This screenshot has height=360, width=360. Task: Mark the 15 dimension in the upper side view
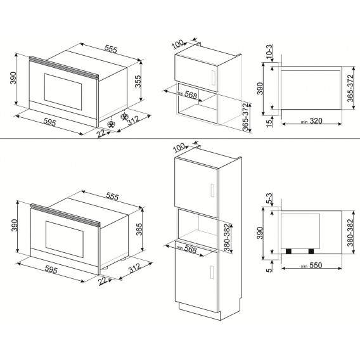pyautogui.click(x=269, y=120)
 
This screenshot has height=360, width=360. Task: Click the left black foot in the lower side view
pyautogui.click(x=290, y=251)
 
